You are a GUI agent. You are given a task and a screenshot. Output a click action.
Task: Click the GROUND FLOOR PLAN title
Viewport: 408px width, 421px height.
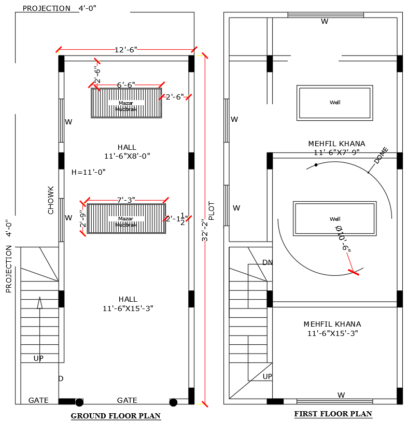click(116, 416)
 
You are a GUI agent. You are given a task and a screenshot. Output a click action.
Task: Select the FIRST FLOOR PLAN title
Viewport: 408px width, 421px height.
click(333, 414)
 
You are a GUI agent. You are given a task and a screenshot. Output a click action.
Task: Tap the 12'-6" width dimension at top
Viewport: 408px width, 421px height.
click(125, 50)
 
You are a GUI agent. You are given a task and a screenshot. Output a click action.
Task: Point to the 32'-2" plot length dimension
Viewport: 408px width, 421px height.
click(205, 229)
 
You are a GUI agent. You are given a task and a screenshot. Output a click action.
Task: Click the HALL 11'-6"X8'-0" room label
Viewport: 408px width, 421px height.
click(127, 151)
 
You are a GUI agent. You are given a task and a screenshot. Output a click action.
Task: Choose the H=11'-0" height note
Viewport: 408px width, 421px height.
click(89, 172)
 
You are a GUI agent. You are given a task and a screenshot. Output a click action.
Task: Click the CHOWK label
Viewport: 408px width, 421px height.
click(51, 200)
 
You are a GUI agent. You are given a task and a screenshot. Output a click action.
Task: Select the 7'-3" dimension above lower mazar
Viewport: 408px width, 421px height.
click(126, 200)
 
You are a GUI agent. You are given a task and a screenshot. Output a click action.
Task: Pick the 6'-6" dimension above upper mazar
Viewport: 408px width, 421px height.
click(125, 85)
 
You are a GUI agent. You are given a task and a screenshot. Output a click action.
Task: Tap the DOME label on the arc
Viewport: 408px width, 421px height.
click(381, 156)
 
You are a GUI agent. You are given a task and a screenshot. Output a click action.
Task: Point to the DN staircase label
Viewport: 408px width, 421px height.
click(268, 262)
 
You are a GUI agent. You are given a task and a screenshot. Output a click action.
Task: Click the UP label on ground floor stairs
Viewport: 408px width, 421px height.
click(39, 358)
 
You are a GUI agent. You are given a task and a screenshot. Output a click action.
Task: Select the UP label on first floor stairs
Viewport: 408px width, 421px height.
click(267, 376)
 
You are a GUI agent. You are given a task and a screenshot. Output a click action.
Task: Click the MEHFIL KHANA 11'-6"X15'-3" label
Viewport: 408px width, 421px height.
click(332, 329)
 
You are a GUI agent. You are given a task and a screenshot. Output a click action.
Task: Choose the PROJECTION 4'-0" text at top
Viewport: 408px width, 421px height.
click(59, 8)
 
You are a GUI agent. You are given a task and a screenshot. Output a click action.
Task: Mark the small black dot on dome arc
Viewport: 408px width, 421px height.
click(316, 165)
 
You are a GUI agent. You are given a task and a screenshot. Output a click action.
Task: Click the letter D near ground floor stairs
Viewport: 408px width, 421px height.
click(61, 378)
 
